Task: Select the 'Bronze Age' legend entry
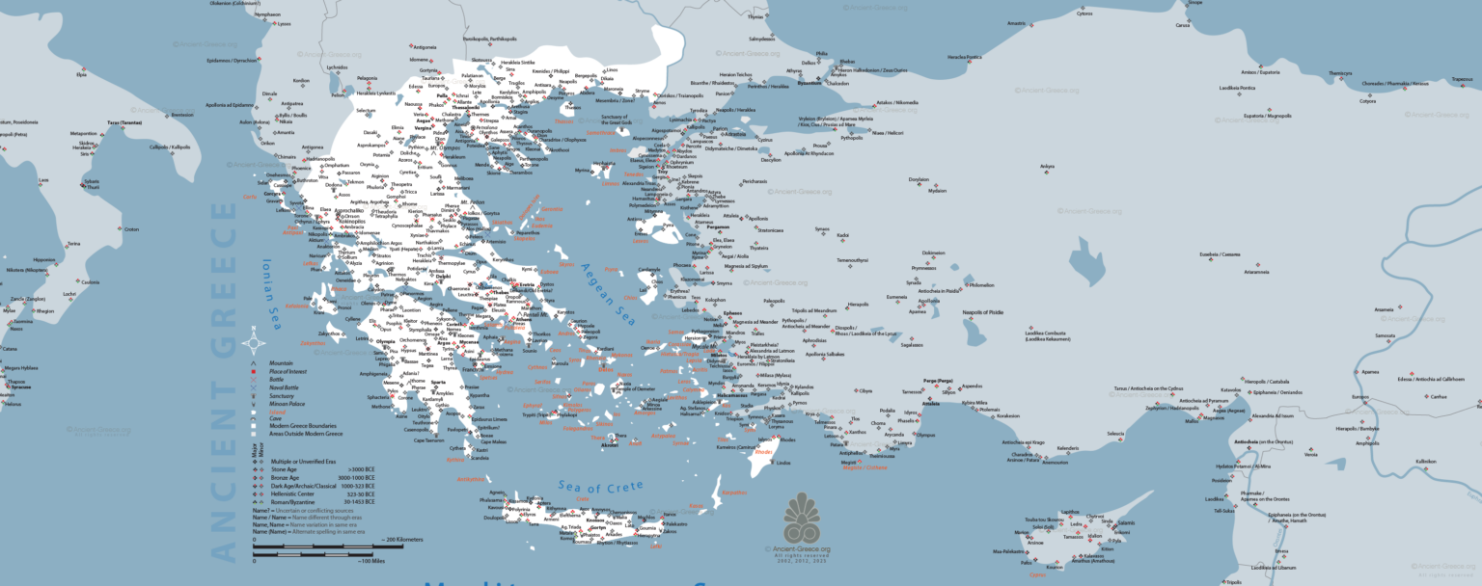tap(287, 478)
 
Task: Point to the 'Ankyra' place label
tap(1047, 166)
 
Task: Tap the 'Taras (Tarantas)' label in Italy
tap(124, 122)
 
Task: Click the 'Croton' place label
tap(131, 229)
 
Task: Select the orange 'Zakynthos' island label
tap(314, 342)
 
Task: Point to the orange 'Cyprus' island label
tap(1038, 574)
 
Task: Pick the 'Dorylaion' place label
tap(919, 179)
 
